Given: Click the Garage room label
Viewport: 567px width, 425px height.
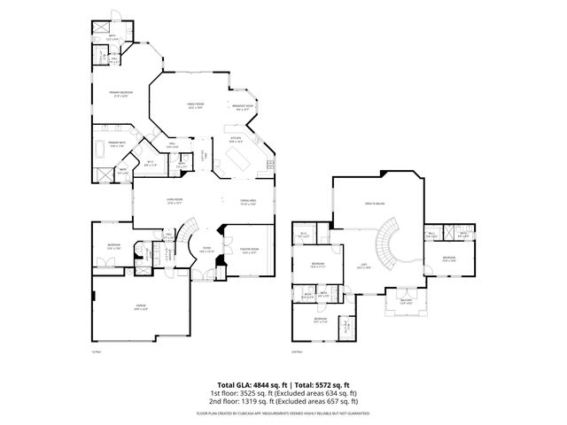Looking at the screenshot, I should point(141,305).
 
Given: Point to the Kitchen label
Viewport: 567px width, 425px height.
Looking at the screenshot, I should point(237,139).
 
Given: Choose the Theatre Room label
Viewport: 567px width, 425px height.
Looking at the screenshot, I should point(249,250).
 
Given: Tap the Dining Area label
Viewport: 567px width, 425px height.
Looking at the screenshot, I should point(248,201).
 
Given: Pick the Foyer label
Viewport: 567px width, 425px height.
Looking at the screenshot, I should point(206,250).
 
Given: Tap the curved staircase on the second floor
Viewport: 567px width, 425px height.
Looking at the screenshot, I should point(390,243).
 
